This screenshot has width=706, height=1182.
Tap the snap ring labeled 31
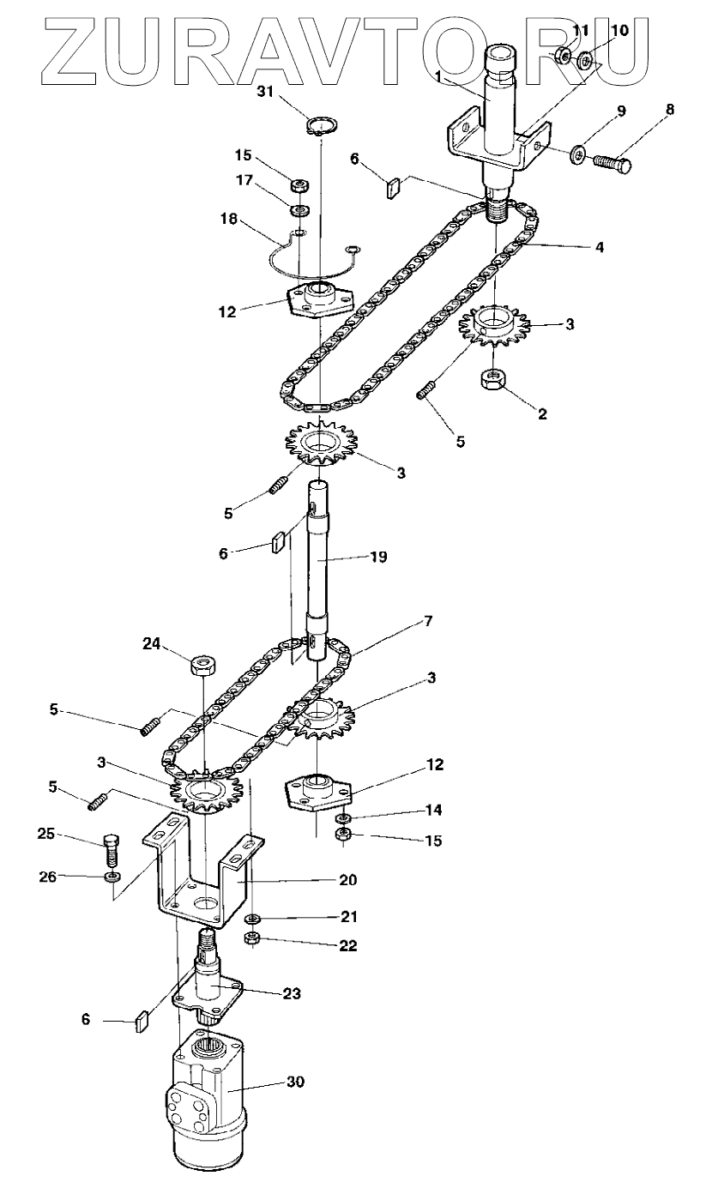[x=321, y=128]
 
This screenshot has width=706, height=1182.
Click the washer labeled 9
[x=580, y=154]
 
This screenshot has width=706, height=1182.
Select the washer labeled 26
[x=112, y=877]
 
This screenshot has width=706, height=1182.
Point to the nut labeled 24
[x=202, y=666]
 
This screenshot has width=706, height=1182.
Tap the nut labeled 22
[x=253, y=938]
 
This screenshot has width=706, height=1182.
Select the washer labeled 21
[x=253, y=920]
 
